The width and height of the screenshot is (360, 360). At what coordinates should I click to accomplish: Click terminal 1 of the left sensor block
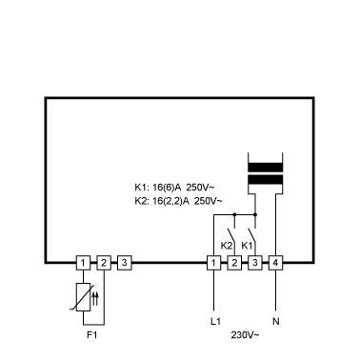[83, 263]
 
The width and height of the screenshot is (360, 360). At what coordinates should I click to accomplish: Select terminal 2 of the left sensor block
[104, 263]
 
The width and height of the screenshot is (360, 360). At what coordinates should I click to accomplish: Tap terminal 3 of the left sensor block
[125, 263]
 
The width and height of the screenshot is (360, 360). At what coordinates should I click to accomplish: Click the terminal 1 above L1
[213, 263]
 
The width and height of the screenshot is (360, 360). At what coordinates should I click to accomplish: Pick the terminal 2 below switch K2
[234, 263]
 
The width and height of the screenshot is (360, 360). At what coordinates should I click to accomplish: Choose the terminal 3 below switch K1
[255, 263]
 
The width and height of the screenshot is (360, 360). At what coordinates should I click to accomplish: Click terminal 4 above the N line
[275, 263]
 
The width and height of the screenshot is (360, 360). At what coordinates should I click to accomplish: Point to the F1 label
[91, 335]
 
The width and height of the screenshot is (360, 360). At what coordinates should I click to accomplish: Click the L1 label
[215, 321]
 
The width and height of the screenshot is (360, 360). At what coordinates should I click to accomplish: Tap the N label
[276, 321]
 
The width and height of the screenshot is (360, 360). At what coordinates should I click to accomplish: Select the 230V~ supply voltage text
[245, 335]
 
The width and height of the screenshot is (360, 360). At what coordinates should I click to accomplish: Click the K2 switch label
[227, 246]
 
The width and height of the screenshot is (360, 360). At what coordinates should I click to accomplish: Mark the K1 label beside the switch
[247, 246]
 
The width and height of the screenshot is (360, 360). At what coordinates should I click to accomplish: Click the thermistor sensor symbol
[83, 297]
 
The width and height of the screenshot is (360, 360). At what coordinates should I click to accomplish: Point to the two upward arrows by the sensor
[95, 299]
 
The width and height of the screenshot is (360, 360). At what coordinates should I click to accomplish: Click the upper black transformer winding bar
[265, 168]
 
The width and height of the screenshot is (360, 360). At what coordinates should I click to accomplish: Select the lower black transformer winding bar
[265, 180]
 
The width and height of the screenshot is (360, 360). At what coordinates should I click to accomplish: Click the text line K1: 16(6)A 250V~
[174, 188]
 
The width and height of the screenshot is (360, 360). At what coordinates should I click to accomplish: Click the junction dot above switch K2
[234, 214]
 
